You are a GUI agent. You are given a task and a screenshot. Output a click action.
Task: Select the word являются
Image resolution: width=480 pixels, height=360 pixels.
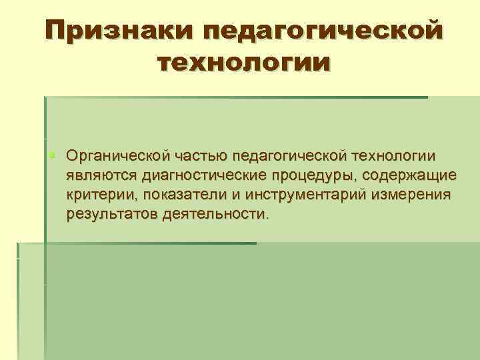click(x=99, y=175)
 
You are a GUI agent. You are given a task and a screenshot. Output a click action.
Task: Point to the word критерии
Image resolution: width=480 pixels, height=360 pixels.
click(x=96, y=195)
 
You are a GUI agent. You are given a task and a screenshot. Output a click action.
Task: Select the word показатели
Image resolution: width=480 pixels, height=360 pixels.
click(x=175, y=195)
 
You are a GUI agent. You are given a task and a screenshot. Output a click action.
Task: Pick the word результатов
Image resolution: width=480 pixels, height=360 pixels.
click(x=111, y=214)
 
